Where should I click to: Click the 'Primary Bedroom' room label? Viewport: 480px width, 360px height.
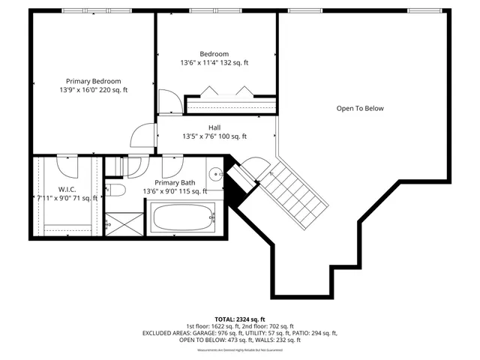(93, 81)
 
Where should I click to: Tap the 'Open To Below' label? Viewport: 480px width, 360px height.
(359, 109)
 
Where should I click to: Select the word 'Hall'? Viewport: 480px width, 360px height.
(214, 127)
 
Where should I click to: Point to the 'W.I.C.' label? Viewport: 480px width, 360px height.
(67, 190)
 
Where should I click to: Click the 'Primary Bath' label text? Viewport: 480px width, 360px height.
(175, 183)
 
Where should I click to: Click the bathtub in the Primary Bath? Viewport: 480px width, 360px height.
(184, 220)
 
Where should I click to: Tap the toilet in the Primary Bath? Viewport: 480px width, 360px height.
(114, 189)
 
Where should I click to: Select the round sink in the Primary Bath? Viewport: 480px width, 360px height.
(215, 175)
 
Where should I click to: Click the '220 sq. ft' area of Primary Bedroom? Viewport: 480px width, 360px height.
(112, 90)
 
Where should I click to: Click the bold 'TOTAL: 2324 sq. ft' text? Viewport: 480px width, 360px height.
(240, 318)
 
